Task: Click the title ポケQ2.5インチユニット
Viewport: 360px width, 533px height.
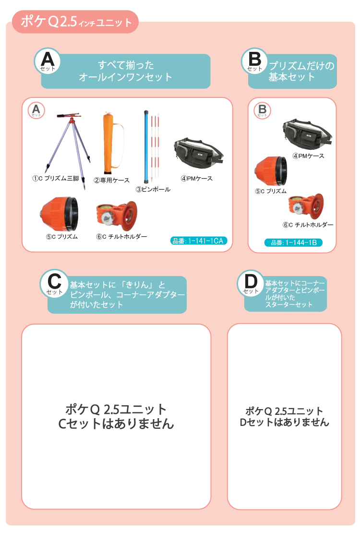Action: (x=76, y=22)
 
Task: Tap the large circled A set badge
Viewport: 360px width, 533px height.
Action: (x=47, y=61)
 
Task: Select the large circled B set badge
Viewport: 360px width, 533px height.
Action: (x=254, y=61)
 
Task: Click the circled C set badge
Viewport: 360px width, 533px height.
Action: (x=54, y=284)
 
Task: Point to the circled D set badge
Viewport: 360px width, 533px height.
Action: (x=251, y=283)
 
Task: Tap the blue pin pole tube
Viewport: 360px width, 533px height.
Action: (x=146, y=146)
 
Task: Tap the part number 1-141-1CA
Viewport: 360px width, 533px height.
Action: (x=198, y=241)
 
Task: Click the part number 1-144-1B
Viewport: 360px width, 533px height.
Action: (x=293, y=242)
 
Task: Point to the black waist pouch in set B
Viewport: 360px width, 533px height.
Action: (x=307, y=134)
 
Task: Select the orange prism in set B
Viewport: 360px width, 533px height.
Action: (x=271, y=171)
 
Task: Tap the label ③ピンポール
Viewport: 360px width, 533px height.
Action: (x=153, y=189)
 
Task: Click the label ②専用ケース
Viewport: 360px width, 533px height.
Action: (x=111, y=180)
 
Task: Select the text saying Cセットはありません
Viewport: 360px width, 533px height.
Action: (x=116, y=424)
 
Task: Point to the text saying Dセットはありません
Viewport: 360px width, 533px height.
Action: (x=285, y=422)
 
